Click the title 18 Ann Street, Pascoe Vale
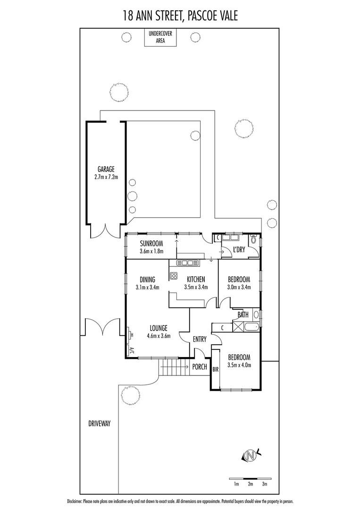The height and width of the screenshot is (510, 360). tap(180, 16)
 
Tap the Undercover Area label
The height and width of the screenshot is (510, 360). tap(159, 37)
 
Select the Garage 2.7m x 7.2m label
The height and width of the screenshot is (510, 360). tap(106, 173)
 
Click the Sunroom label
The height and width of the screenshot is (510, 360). tap(151, 247)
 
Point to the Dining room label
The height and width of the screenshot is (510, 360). tap(147, 283)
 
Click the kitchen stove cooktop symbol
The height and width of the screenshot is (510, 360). tap(173, 276)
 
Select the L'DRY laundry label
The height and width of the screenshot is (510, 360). tap(239, 250)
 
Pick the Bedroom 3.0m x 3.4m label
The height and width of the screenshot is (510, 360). tap(238, 283)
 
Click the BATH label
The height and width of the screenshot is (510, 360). tap(243, 314)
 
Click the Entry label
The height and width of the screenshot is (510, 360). tap(200, 339)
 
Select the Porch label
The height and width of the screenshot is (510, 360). tap(200, 366)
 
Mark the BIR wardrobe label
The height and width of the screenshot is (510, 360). tap(216, 369)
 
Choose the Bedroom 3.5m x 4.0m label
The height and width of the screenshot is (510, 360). tap(238, 361)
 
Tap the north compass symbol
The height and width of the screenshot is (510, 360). tap(251, 455)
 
